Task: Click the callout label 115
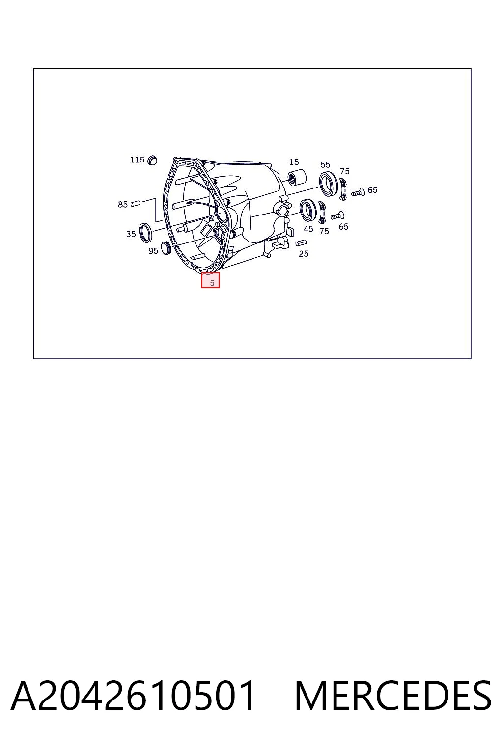[x=138, y=160]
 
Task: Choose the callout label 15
[x=294, y=162]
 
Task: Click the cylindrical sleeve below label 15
[x=297, y=177]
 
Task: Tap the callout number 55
[x=326, y=164]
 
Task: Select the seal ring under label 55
[x=328, y=184]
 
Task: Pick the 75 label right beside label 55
[x=345, y=171]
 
